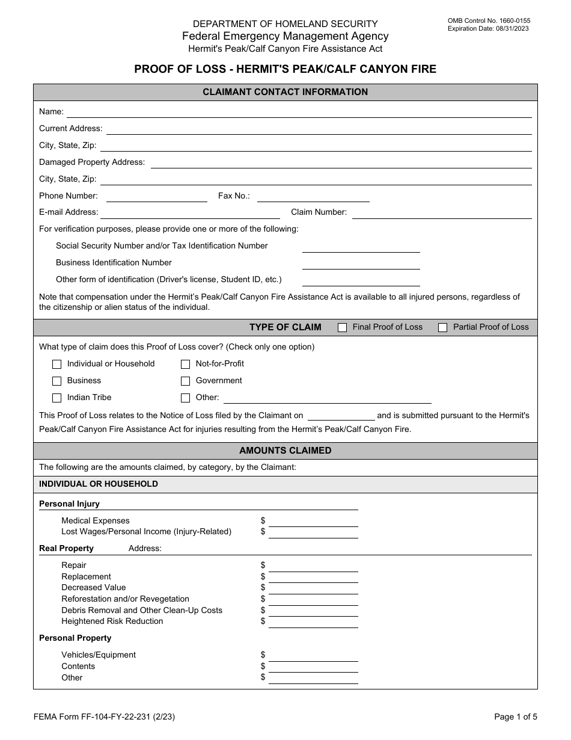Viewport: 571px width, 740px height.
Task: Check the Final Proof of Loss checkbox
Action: (x=343, y=328)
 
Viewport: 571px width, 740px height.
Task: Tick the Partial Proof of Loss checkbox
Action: (x=443, y=328)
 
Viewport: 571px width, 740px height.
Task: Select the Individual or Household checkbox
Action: (x=57, y=364)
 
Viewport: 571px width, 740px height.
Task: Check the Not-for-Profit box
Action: (x=186, y=364)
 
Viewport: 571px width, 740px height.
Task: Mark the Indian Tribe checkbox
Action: (x=57, y=398)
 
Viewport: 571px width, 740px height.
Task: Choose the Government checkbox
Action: (x=186, y=381)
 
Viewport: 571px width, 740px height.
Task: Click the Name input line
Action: (x=299, y=113)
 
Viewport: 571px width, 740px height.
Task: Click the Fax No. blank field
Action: (x=313, y=197)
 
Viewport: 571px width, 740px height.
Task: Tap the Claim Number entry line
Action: (x=441, y=213)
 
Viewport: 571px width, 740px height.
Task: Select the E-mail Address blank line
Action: (x=190, y=213)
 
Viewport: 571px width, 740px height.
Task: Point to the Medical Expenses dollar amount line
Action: (x=313, y=521)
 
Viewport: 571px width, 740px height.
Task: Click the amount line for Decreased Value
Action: (x=313, y=588)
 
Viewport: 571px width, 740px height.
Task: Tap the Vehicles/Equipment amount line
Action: (x=313, y=655)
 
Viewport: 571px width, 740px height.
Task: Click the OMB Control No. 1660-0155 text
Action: (x=489, y=20)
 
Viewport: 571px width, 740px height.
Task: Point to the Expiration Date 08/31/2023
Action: (x=488, y=28)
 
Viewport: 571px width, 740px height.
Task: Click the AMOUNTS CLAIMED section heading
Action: (x=285, y=451)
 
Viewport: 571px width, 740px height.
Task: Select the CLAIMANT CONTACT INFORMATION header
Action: (x=285, y=92)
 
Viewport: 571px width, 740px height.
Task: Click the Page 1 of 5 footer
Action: (x=516, y=717)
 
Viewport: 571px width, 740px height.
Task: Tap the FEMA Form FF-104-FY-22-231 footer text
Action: (x=105, y=717)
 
